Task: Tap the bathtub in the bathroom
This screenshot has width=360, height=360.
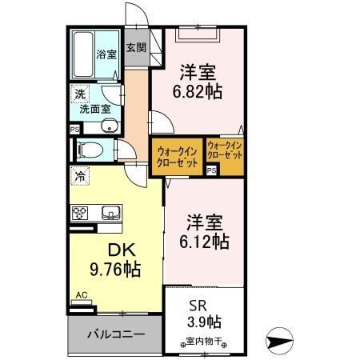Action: click(x=83, y=54)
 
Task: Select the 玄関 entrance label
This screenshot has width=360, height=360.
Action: click(x=134, y=47)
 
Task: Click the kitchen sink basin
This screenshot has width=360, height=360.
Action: click(x=110, y=212)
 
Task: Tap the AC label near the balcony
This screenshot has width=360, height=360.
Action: click(x=80, y=295)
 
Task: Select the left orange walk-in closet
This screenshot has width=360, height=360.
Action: click(x=177, y=154)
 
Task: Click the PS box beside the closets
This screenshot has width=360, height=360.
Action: click(x=212, y=170)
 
